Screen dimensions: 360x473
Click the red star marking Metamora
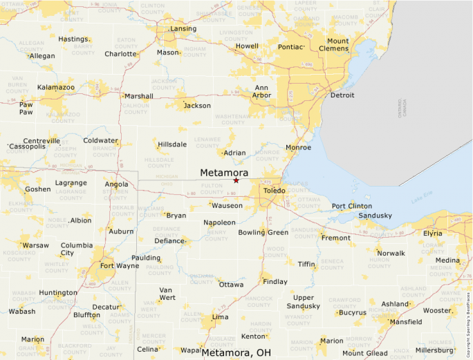[236, 180]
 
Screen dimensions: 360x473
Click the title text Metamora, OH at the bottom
[236, 352]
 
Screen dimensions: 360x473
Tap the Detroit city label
[342, 95]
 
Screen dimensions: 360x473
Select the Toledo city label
[274, 190]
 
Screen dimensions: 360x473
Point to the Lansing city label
[183, 29]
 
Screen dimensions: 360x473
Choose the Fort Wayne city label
[119, 265]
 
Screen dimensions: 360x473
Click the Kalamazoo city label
[56, 88]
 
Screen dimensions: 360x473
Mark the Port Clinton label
[352, 206]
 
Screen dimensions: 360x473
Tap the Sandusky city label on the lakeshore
[375, 216]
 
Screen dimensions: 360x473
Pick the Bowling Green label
[263, 232]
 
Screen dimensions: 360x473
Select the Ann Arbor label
[261, 91]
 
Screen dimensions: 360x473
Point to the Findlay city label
[275, 282]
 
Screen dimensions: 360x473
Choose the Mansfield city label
[406, 322]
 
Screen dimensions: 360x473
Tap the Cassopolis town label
[28, 146]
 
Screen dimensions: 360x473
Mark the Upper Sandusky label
[304, 301]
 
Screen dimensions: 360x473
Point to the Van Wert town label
[167, 294]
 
